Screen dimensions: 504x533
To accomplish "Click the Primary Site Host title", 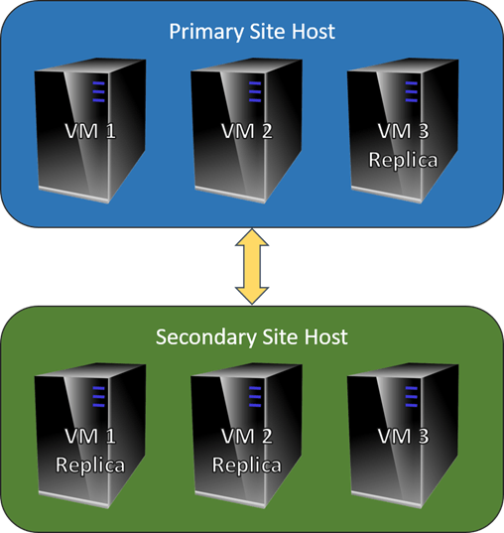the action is pos(252,32).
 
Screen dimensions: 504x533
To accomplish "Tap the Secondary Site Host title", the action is pos(251,337).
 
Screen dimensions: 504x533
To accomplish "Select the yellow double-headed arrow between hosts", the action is pos(252,266).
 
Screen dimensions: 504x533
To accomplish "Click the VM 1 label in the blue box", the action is pos(90,131).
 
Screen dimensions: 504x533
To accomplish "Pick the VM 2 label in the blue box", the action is pos(247,131).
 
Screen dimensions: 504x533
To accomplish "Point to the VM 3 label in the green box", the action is pos(404,436).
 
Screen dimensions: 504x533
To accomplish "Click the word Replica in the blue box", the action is pos(404,160).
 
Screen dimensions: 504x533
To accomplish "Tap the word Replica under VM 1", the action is pos(90,465).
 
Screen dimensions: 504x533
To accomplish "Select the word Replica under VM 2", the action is pos(247,465).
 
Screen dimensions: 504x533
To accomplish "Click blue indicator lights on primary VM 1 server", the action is pos(98,91).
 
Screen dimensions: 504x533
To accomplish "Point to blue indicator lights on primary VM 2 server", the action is pos(255,91).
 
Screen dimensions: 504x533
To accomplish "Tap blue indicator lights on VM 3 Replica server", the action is pos(411,91).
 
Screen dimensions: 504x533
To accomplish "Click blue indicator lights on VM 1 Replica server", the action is pos(98,397).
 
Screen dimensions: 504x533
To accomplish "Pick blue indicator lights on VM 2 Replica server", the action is pos(255,397).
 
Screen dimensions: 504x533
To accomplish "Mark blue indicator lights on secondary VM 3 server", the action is pos(411,397).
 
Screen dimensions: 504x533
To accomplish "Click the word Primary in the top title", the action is pos(206,33).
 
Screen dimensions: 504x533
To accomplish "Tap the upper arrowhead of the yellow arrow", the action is pos(252,237).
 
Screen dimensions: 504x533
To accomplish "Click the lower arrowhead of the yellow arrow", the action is pos(252,296).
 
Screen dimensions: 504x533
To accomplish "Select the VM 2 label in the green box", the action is pos(247,436).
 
